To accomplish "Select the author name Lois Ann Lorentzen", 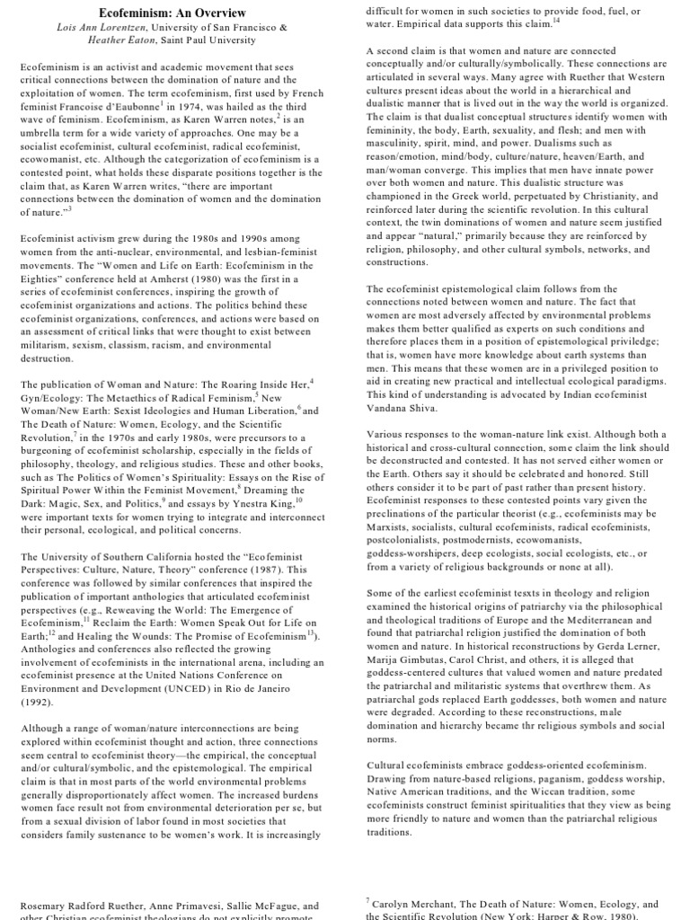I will pos(98,27).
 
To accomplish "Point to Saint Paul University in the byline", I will pos(219,40).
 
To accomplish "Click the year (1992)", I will pos(39,702).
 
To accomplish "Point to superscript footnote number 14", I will pos(557,18).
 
